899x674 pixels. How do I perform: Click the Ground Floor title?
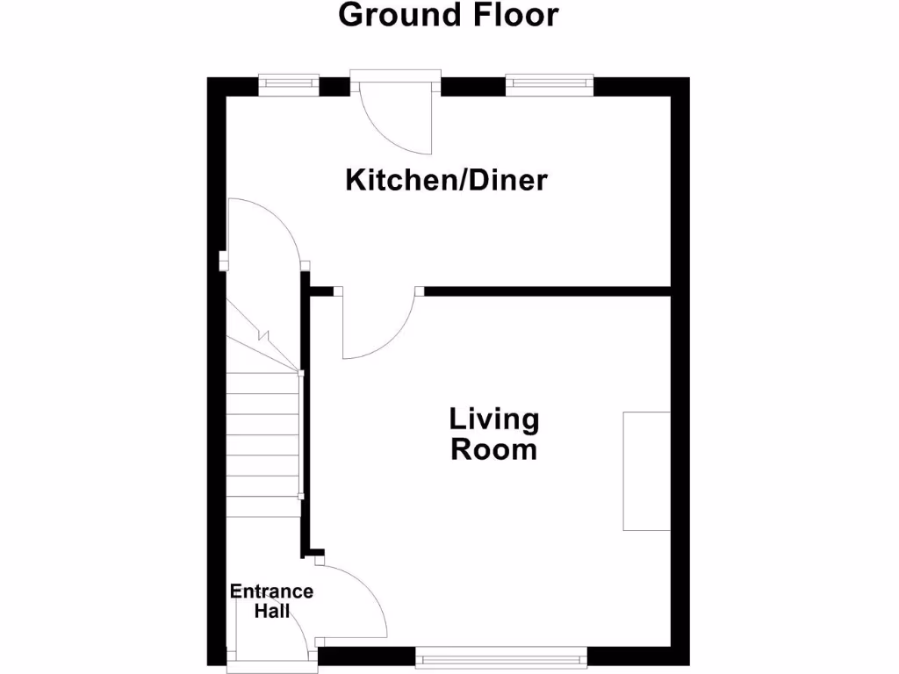click(x=448, y=15)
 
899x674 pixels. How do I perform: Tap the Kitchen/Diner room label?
click(x=446, y=181)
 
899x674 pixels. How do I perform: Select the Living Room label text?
click(x=493, y=434)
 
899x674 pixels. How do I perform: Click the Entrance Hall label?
click(x=271, y=601)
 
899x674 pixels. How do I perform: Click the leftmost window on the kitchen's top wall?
click(x=288, y=83)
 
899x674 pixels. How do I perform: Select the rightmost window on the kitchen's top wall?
click(x=549, y=83)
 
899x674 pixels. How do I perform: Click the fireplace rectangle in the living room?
click(x=646, y=470)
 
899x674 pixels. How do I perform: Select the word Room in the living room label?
click(x=493, y=450)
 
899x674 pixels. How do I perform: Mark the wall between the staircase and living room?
click(x=306, y=421)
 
